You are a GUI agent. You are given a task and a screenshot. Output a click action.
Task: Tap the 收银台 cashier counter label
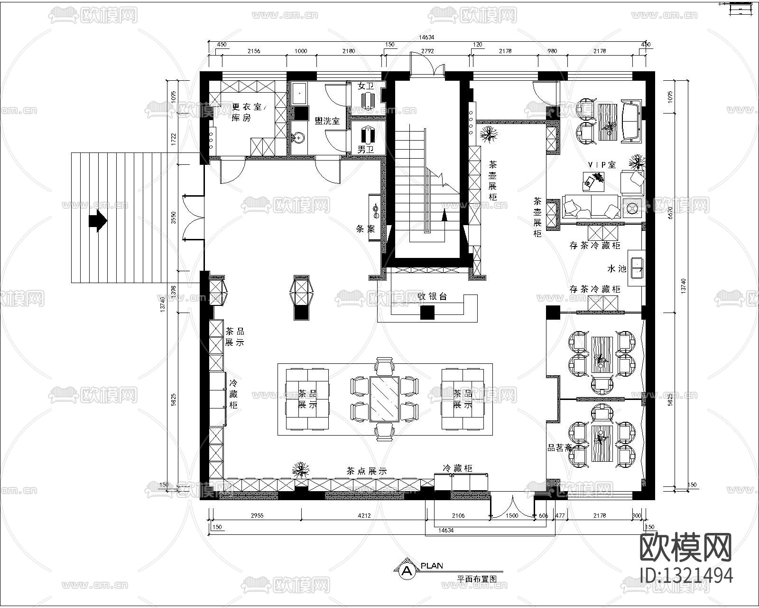tap(432, 296)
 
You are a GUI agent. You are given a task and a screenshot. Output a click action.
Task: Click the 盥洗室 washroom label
tap(327, 121)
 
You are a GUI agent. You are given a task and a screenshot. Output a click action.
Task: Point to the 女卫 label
tap(365, 86)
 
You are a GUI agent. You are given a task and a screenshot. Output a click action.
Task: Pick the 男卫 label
tap(365, 149)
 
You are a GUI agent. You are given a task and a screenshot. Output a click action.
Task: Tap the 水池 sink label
tap(617, 269)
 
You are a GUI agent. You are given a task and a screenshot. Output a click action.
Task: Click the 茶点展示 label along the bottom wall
tap(366, 471)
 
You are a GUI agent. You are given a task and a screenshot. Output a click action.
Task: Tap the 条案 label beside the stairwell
tap(365, 229)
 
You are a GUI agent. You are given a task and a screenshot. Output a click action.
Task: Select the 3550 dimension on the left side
tap(174, 218)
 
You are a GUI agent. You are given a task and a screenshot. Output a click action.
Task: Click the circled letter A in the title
tap(407, 570)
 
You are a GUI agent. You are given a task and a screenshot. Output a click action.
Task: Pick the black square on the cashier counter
tap(427, 312)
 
